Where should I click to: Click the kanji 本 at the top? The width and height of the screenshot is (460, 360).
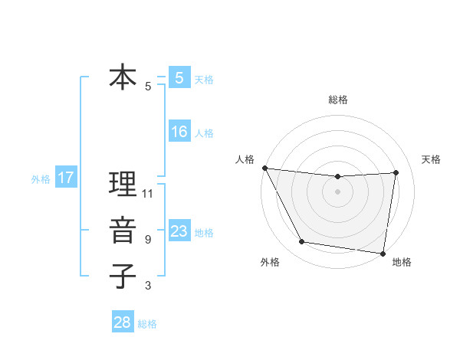[123, 77]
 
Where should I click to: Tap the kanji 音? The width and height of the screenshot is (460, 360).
[123, 231]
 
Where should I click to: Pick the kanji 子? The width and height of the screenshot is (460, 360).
[123, 277]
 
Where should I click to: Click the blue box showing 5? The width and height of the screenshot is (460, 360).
[179, 77]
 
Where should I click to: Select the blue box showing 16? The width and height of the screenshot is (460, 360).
[179, 132]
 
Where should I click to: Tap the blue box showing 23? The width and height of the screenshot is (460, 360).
[179, 231]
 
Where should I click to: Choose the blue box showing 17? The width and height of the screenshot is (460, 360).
[65, 178]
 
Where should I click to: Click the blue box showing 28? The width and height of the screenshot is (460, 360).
[123, 322]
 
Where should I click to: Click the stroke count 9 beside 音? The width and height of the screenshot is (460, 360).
[148, 240]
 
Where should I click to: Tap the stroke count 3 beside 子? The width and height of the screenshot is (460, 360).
[148, 286]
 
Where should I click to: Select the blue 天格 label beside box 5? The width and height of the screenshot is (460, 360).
[203, 79]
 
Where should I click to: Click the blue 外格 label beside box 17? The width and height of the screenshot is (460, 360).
[41, 179]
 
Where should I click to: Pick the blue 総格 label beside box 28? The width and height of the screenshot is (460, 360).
[147, 324]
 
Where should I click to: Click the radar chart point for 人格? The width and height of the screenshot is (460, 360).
[264, 168]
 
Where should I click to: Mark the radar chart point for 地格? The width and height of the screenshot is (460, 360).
[383, 253]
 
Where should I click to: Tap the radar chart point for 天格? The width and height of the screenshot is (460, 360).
[396, 172]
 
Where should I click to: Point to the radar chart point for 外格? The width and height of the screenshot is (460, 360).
[302, 242]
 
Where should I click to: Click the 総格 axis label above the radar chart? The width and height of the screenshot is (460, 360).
[337, 100]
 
